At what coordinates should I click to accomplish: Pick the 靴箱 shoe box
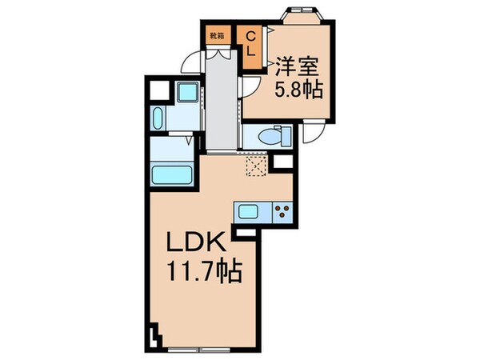216,35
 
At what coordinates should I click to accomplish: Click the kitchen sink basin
248,211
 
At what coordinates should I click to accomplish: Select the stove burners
282,211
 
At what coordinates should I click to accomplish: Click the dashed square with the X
257,166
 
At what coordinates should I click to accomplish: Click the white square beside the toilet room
282,162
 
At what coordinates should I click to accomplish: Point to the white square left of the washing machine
157,90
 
